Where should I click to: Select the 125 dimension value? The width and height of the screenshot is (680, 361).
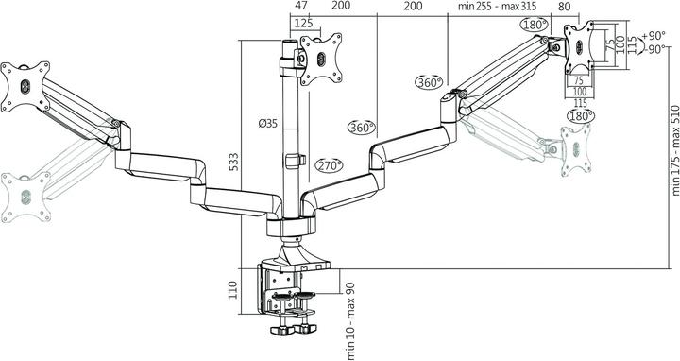click(x=303, y=23)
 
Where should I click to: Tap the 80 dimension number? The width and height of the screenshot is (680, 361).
click(x=565, y=7)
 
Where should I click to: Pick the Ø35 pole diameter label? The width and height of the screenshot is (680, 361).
click(x=267, y=124)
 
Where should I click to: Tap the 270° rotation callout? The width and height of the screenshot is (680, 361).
click(x=330, y=164)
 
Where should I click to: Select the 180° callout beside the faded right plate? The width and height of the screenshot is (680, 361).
click(x=580, y=115)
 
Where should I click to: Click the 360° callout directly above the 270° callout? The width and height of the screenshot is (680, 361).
click(x=361, y=127)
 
